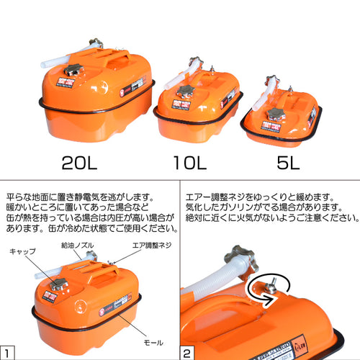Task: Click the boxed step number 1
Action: click(x=7, y=352)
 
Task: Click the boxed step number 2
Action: click(x=186, y=352)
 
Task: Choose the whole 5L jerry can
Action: click(x=281, y=120)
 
